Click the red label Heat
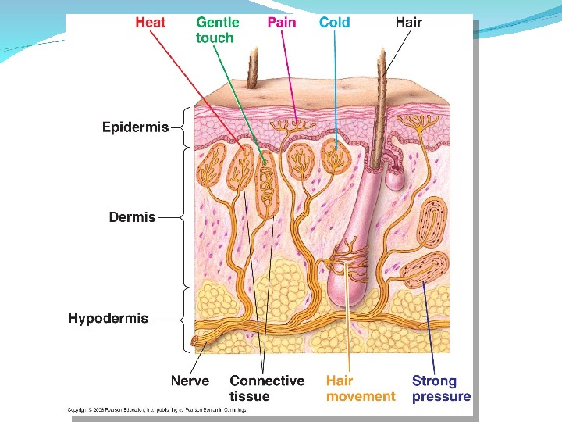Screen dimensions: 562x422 150,23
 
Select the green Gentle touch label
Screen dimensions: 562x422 217,30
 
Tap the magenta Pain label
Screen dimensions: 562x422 282,23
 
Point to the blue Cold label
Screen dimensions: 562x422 335,23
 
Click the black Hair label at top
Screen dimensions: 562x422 408,23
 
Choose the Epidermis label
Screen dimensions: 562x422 135,127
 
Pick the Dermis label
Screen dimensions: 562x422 132,217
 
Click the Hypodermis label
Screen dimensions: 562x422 108,318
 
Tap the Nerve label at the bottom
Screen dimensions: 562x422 190,381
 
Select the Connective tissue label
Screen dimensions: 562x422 266,388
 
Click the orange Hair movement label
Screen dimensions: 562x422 360,388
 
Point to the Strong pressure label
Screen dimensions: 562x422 441,388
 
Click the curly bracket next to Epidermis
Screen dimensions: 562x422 184,127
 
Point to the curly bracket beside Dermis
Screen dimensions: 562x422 184,218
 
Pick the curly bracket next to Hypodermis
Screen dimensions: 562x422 184,318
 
